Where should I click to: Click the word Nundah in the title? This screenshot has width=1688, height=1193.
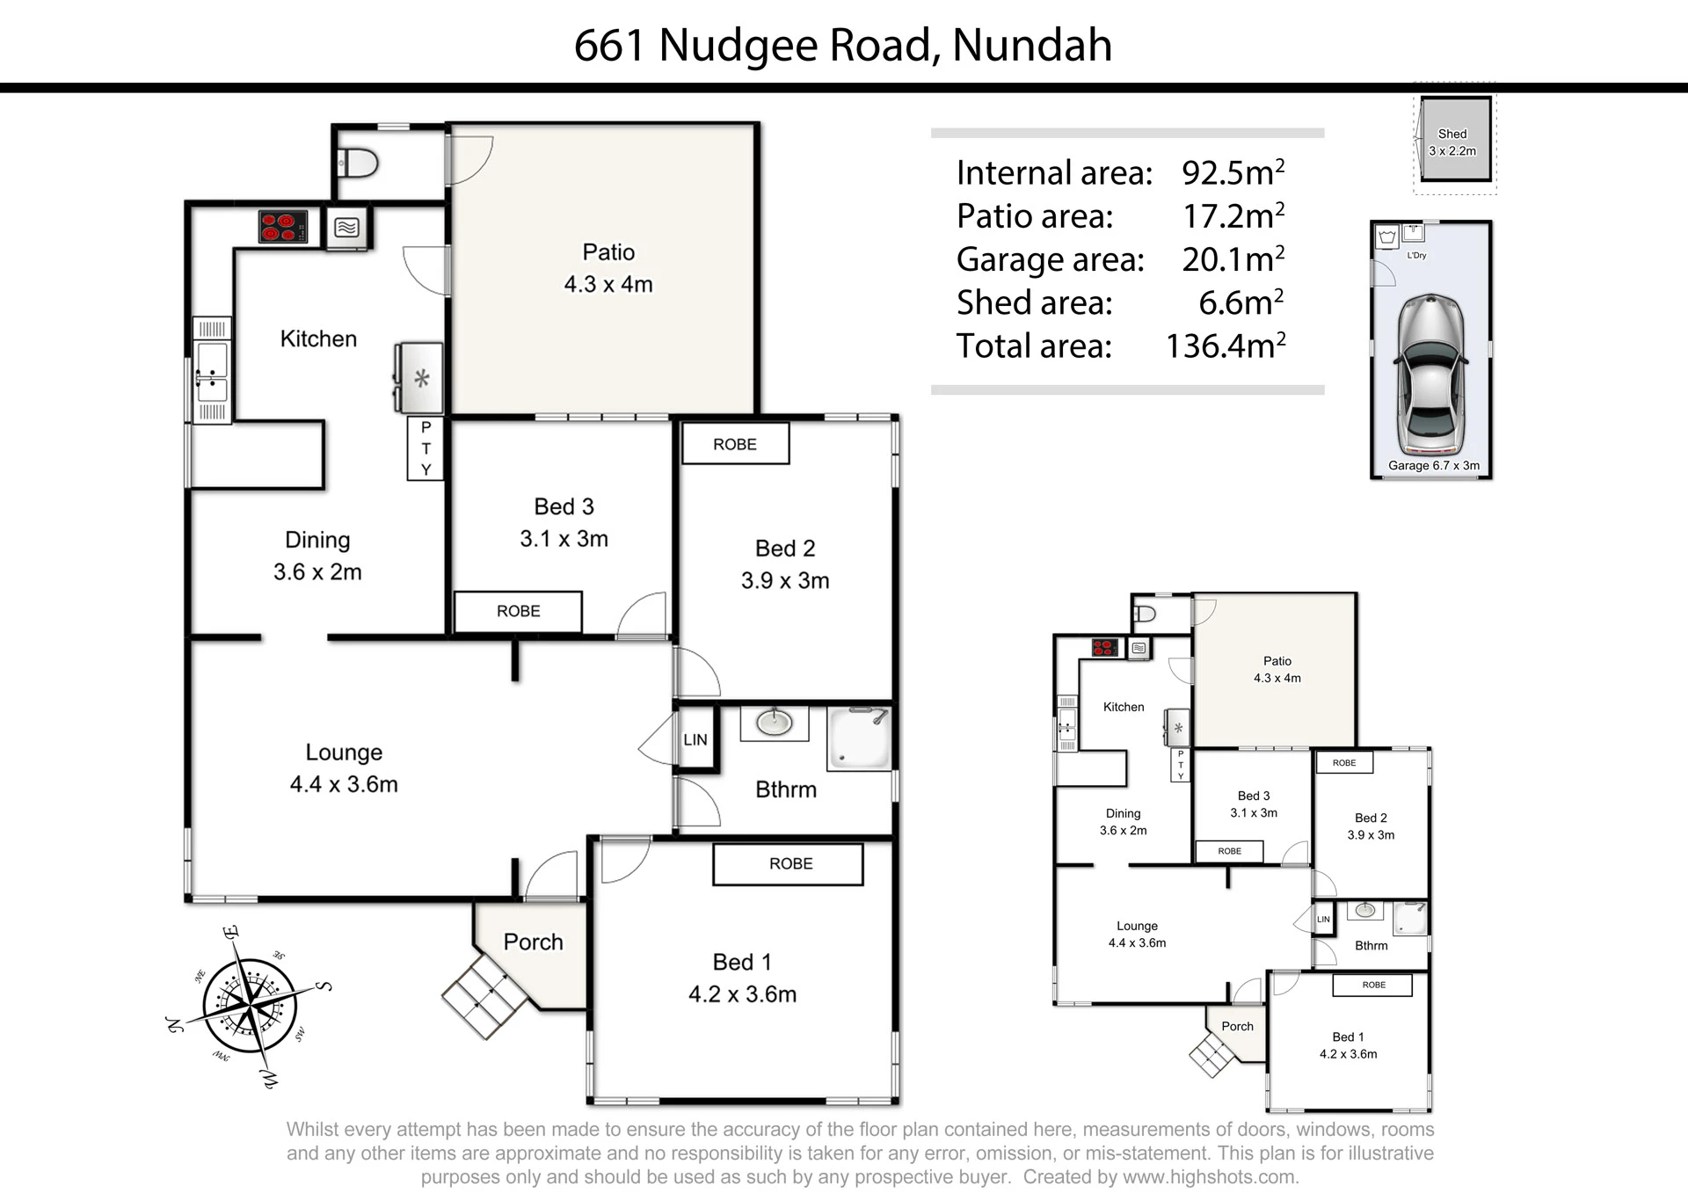point(1032,45)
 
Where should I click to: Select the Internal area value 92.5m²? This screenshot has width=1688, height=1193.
point(1233,172)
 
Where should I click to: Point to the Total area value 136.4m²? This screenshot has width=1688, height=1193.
point(1225,346)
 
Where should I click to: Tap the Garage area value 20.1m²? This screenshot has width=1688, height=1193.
point(1233,258)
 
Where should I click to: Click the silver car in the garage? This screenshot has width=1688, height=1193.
point(1431,374)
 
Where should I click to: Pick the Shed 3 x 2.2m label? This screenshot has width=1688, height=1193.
point(1452,142)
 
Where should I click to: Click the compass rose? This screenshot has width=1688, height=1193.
point(250,1006)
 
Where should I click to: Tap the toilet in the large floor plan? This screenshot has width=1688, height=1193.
point(357,163)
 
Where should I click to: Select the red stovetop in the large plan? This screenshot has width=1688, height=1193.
point(283,227)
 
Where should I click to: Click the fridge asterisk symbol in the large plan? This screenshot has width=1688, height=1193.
point(422,379)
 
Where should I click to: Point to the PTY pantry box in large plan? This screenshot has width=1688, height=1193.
point(426,448)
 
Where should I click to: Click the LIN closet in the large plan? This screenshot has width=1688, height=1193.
point(695,739)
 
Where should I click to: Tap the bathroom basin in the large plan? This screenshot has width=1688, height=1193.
point(775,723)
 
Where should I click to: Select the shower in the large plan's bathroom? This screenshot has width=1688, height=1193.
point(859,738)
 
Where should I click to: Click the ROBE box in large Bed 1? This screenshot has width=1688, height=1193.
point(788,864)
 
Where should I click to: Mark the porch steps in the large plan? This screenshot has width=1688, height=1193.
point(485,996)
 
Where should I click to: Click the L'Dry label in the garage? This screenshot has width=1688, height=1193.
point(1416,256)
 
